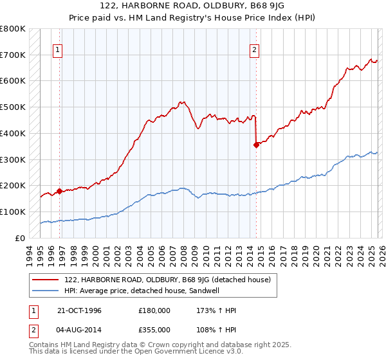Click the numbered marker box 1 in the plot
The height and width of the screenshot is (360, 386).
click(58, 50)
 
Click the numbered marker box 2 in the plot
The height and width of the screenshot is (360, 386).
click(254, 50)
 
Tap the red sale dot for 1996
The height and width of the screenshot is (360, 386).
click(59, 191)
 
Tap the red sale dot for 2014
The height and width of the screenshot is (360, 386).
click(256, 145)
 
